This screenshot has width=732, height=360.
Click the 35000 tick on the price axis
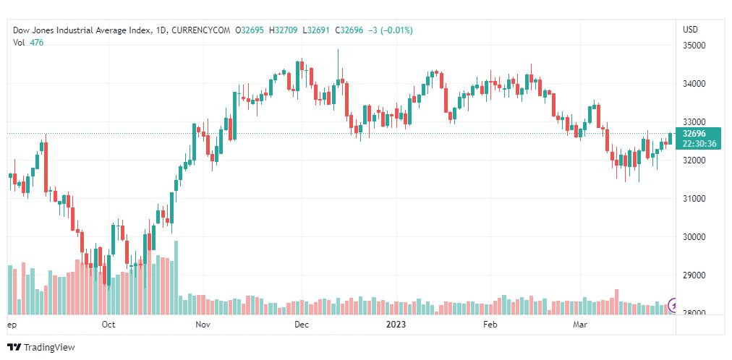click(694, 46)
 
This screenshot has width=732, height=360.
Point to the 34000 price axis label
click(694, 84)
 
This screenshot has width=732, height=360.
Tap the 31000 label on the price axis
click(694, 199)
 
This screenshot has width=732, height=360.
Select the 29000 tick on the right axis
click(694, 275)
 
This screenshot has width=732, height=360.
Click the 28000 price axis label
click(694, 314)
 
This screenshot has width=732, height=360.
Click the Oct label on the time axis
click(108, 325)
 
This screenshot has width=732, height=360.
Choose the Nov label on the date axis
click(203, 325)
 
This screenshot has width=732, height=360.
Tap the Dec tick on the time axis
click(302, 325)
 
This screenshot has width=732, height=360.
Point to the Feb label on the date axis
click(490, 325)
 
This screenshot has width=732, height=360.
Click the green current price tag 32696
click(694, 134)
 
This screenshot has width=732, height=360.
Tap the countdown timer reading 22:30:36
click(699, 144)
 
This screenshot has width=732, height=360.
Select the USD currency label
click(690, 30)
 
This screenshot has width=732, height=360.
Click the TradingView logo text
click(49, 348)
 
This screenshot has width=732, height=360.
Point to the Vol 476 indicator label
click(27, 42)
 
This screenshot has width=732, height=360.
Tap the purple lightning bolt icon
click(675, 306)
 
